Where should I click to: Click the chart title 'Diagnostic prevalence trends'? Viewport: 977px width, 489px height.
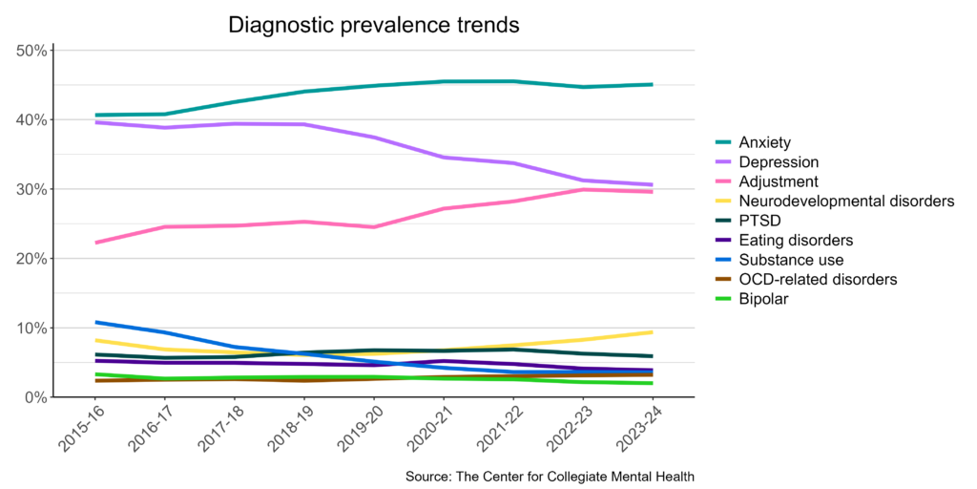click(373, 25)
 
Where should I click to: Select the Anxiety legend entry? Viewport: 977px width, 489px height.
click(765, 142)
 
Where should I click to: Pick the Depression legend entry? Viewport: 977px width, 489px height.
click(780, 162)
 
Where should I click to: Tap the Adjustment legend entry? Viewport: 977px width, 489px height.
click(780, 181)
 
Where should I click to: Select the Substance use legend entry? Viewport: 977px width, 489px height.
click(791, 260)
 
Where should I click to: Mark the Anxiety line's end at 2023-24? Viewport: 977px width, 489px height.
click(652, 84)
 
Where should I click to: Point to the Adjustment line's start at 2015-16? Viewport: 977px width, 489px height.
click(96, 243)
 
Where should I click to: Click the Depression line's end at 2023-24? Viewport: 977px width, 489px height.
click(652, 184)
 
